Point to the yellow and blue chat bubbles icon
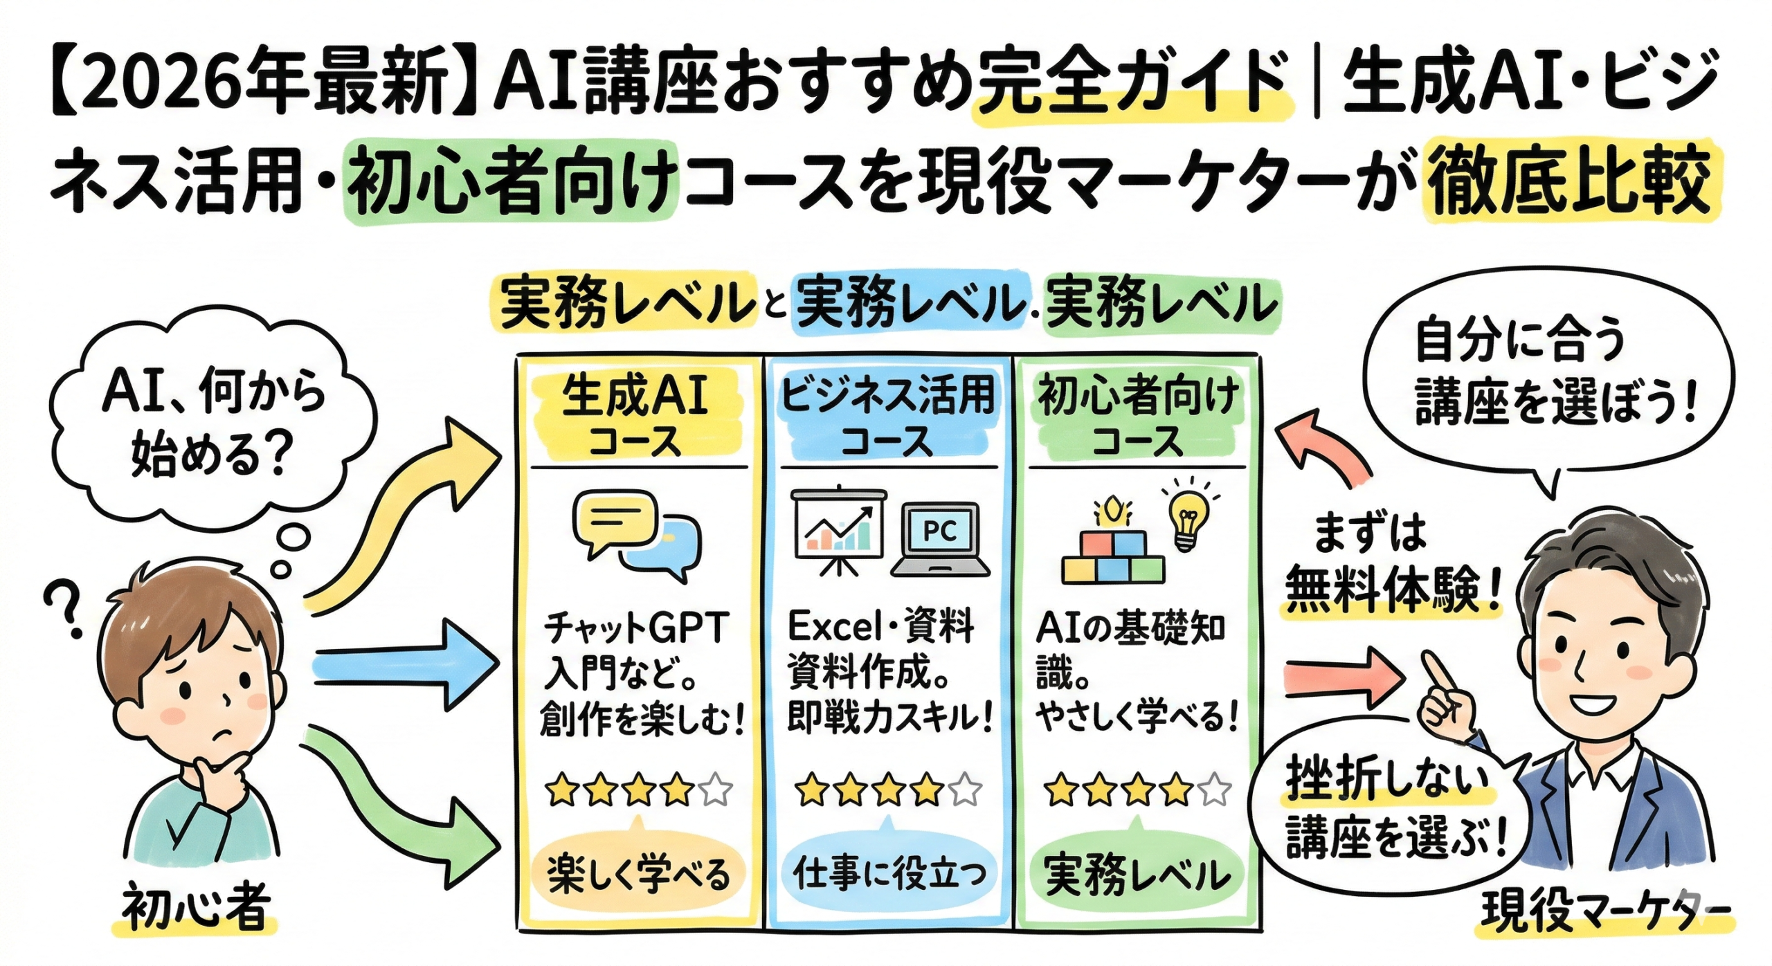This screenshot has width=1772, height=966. (636, 534)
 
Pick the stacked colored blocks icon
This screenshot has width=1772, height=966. (1113, 558)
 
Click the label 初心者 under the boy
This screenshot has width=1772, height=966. (195, 908)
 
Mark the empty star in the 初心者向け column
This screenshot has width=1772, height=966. (1213, 790)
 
